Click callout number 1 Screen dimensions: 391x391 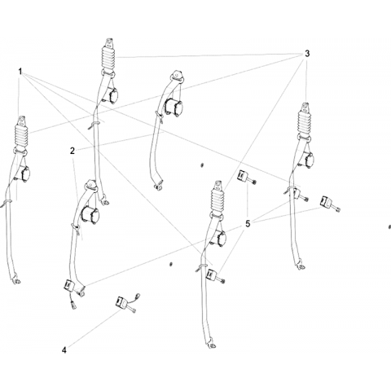click(20, 72)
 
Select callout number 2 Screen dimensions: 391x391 click(72, 151)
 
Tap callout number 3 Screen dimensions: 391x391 click(307, 54)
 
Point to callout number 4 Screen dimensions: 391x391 click(64, 350)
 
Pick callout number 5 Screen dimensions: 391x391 click(248, 224)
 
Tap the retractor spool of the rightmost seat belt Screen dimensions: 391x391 click(307, 160)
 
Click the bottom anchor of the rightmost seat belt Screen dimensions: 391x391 click(301, 266)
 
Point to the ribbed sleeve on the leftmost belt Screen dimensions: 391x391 click(21, 136)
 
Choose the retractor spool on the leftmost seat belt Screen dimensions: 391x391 click(24, 174)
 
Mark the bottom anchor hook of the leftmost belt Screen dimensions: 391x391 click(16, 280)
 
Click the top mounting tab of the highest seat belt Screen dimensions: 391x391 click(109, 43)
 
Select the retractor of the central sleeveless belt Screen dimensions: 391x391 click(174, 107)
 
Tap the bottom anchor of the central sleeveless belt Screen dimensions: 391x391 click(158, 185)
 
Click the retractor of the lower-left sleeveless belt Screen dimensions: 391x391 click(90, 214)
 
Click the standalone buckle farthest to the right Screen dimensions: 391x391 click(329, 203)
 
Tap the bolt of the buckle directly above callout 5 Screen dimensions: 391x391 click(253, 182)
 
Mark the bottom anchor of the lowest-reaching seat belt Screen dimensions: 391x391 click(212, 345)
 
